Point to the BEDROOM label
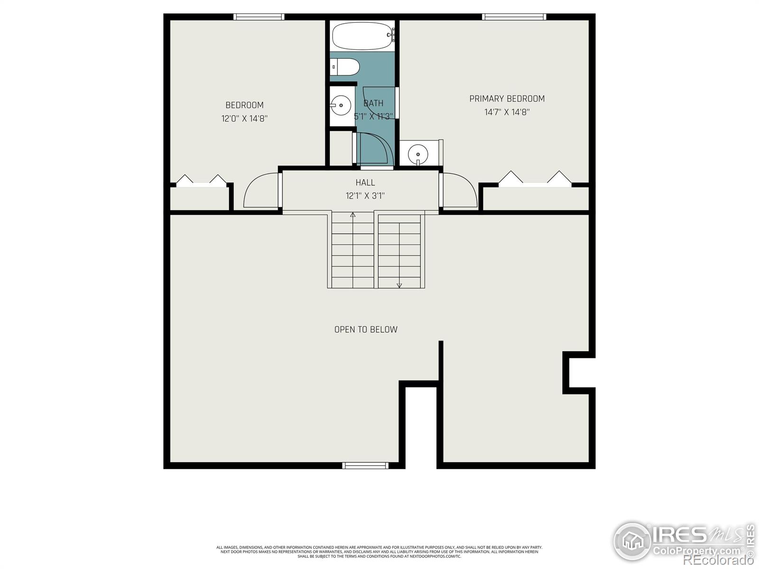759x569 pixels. click(244, 105)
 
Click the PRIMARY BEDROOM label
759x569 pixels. click(507, 99)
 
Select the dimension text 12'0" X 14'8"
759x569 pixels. click(244, 119)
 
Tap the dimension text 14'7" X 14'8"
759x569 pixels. click(507, 112)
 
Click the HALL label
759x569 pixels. click(365, 183)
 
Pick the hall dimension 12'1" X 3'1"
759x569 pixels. click(365, 196)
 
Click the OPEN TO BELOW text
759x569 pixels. click(366, 330)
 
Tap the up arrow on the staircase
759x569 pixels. click(352, 215)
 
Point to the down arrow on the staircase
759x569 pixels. click(399, 285)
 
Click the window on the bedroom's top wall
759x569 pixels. click(259, 17)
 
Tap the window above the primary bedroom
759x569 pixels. click(514, 17)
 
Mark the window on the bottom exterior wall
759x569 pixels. click(365, 466)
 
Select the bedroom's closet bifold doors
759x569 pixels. click(201, 181)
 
